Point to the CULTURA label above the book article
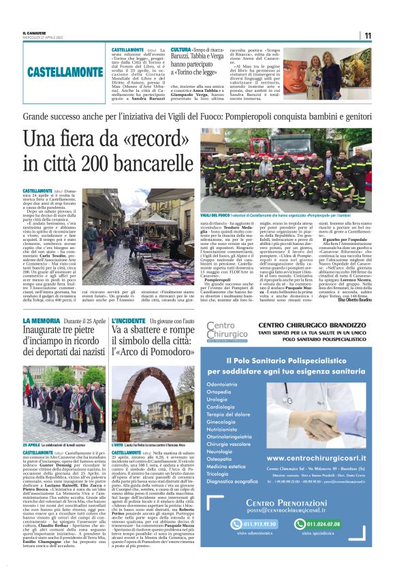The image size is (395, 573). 180,50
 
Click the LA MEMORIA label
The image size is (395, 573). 42,320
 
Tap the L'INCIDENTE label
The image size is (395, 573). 125,320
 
